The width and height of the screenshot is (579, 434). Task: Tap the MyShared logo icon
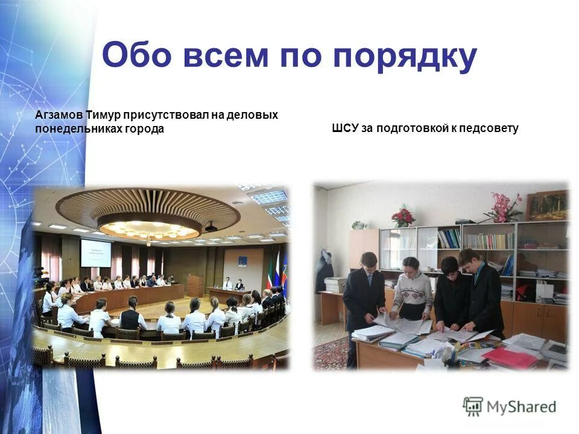tap(473, 406)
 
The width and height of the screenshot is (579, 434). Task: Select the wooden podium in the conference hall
tap(195, 285)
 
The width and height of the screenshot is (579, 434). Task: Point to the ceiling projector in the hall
tap(211, 227)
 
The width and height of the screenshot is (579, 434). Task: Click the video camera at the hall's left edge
tap(40, 276)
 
